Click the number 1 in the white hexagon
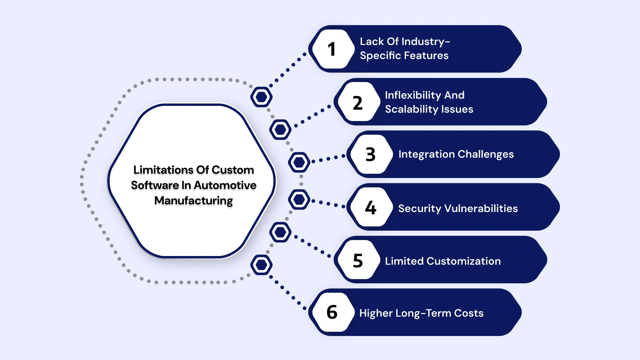coord(331,49)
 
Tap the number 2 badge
coord(357,103)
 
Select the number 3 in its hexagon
coord(370,154)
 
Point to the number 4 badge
coord(370,208)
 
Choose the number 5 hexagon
coord(357,260)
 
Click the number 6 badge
coord(332,312)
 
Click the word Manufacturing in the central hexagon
coord(193,201)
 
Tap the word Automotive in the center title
coord(225,185)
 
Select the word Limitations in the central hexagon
coord(159,170)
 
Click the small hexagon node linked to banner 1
coord(261,97)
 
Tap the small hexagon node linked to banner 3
coord(299,162)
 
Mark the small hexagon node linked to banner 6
coord(261,265)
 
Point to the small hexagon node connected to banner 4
coord(299,199)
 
